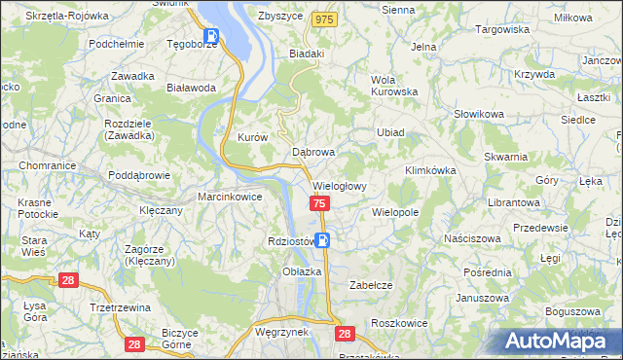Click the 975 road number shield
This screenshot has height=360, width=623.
click(x=324, y=19)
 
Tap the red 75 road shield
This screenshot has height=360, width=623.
click(x=320, y=203)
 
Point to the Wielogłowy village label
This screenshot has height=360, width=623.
click(x=339, y=186)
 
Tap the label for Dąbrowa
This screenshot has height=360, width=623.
click(x=313, y=153)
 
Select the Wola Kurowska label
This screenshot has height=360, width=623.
click(x=393, y=87)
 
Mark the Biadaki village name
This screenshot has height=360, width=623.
click(x=307, y=54)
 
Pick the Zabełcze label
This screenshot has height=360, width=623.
click(x=370, y=286)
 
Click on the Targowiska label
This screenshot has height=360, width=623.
click(x=501, y=29)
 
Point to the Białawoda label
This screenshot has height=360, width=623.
click(x=191, y=88)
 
